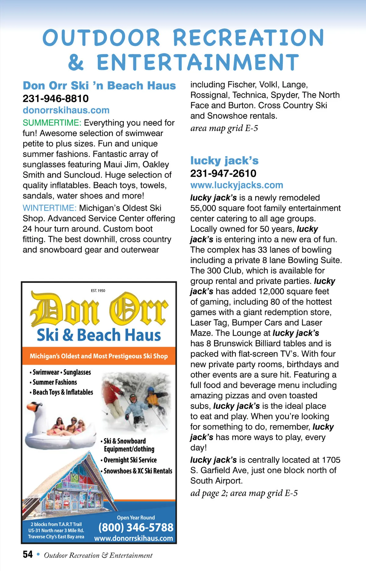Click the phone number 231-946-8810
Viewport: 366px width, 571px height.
click(56, 99)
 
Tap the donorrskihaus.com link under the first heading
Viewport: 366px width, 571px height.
click(66, 110)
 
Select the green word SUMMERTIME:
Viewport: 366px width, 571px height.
click(52, 123)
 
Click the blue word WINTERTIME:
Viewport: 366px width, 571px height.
click(49, 208)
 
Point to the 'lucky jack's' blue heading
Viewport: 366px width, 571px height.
click(224, 160)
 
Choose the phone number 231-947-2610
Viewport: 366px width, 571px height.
click(223, 173)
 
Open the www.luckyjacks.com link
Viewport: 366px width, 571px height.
click(236, 185)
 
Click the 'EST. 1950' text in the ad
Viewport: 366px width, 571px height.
click(98, 290)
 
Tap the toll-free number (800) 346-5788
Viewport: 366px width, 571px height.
click(136, 527)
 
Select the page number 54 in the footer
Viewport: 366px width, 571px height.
click(27, 554)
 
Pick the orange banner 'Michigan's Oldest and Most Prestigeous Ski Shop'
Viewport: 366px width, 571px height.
click(99, 356)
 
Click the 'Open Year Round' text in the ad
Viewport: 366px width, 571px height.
click(136, 518)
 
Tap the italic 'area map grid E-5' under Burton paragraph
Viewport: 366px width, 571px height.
click(224, 128)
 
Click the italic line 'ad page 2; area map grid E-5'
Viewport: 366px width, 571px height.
click(244, 493)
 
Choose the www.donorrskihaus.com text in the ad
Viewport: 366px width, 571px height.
click(133, 538)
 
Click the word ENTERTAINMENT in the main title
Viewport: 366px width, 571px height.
click(198, 62)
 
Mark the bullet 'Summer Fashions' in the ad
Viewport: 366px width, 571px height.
click(55, 382)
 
